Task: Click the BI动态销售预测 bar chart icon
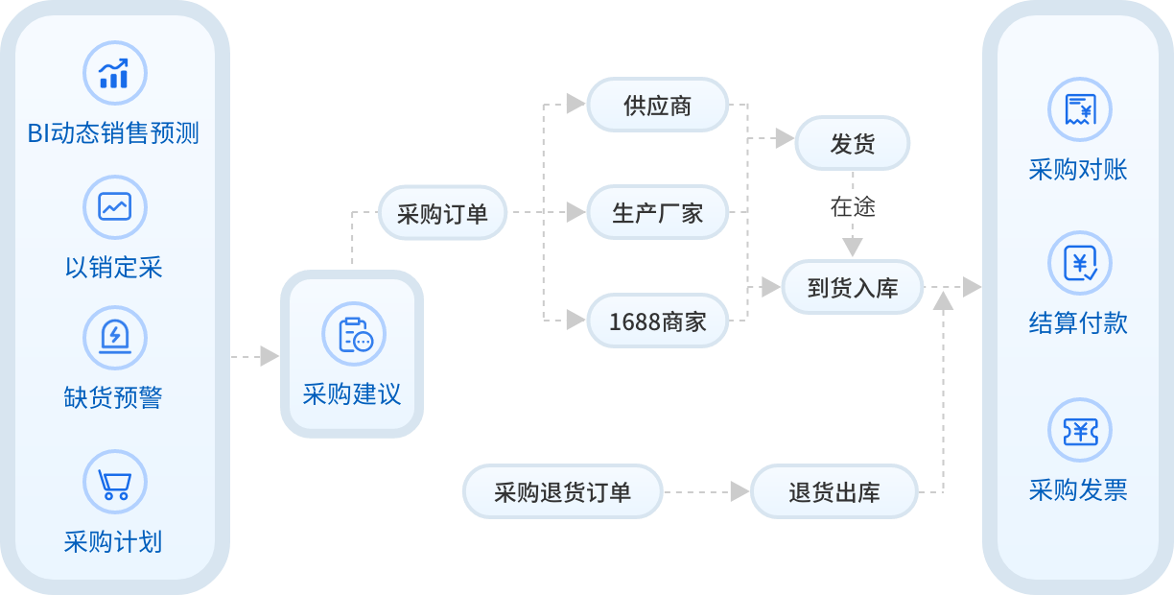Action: coord(115,73)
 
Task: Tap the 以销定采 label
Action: coord(114,267)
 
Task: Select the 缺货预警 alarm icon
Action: coord(115,337)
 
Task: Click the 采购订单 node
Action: coord(442,213)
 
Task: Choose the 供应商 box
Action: coord(658,105)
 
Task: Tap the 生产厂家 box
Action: coord(658,212)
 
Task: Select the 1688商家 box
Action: coord(658,321)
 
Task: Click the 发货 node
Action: coord(852,143)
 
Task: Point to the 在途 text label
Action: coord(852,206)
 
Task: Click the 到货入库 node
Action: coord(852,287)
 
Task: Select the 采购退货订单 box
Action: coord(562,491)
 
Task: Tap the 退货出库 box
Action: coord(834,492)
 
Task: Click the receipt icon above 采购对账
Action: coord(1079,108)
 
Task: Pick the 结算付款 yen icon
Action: coord(1079,262)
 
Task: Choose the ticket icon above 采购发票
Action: coord(1079,431)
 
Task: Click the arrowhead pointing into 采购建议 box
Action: coord(270,356)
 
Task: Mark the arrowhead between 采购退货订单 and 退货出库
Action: coord(740,492)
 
